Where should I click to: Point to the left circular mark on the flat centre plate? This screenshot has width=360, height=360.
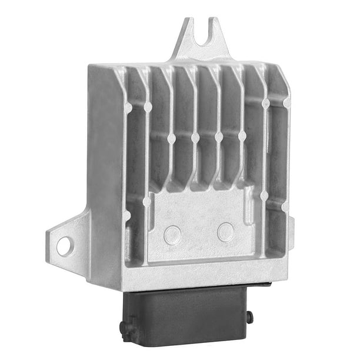tap(172, 235)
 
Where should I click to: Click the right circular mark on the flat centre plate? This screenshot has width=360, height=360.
tap(225, 232)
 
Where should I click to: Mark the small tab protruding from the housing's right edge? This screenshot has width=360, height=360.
tap(291, 226)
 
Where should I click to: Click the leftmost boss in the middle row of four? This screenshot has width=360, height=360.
tap(171, 139)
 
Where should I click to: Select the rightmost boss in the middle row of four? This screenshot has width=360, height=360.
tap(242, 135)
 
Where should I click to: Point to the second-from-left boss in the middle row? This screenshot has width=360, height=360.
tap(195, 138)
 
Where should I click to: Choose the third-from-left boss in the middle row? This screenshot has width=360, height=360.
tap(219, 136)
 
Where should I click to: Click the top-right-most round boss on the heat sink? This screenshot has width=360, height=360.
tap(286, 102)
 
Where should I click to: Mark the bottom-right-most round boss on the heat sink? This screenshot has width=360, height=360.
tap(285, 207)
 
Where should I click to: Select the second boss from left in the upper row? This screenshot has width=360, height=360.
tap(148, 107)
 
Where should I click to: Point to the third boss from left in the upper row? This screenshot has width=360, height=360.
tap(266, 104)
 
